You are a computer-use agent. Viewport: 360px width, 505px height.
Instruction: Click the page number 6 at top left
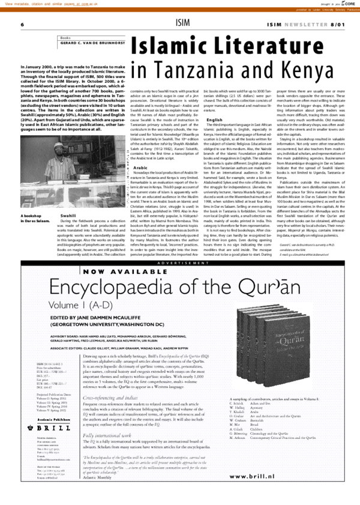click(x=22, y=24)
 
